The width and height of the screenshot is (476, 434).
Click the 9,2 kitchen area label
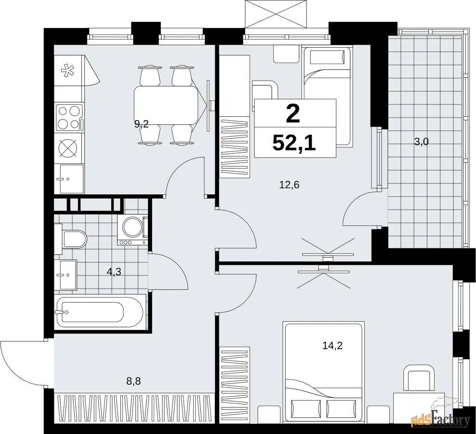pos(142,124)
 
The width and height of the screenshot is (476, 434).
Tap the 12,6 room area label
pos(289,185)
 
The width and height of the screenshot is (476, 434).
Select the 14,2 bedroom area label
pos(332,346)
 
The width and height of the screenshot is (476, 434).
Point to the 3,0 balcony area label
pos(422,141)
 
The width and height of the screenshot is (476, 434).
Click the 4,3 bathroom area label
pos(114,271)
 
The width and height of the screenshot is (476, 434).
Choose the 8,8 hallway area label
pos(133,380)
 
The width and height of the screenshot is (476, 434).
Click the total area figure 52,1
pos(294,143)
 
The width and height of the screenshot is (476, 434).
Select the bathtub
pos(101,312)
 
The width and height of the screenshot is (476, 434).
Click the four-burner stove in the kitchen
pos(69,117)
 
